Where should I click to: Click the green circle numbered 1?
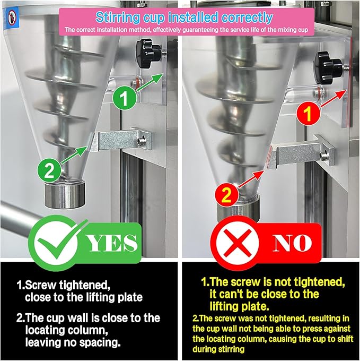point(125,98)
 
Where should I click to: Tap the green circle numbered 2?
point(49,170)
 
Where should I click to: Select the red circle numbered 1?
point(308,114)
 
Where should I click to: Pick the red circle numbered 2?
point(226,194)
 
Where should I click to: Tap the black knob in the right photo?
point(329,68)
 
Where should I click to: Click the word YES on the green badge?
point(112,243)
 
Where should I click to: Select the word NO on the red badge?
point(292,243)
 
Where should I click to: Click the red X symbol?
point(238,243)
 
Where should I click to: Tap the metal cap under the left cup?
point(65,194)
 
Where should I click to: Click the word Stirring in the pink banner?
point(118,18)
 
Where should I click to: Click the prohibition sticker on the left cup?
point(12,18)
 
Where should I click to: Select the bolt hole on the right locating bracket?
point(324,156)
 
